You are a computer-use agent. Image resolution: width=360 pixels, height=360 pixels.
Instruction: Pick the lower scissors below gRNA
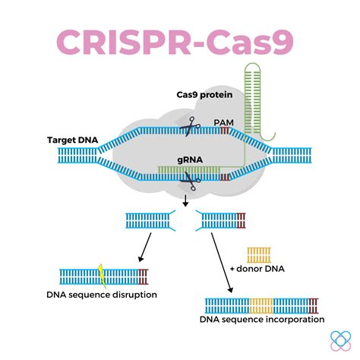(x=189, y=182)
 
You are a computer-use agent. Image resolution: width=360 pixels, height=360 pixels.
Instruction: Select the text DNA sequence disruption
(x=108, y=294)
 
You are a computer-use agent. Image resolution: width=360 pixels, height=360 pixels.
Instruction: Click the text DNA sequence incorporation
(x=262, y=319)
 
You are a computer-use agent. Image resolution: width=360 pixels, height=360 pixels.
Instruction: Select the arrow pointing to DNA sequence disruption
(x=141, y=248)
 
